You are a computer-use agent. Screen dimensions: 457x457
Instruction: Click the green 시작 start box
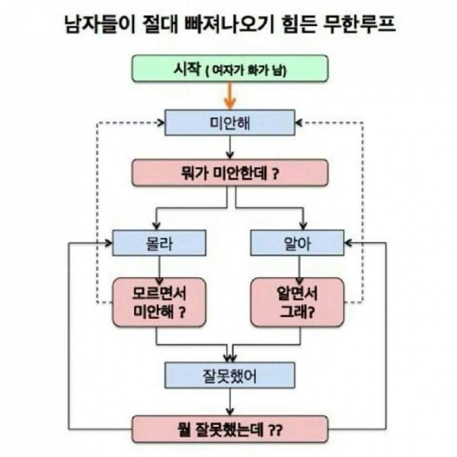pyautogui.click(x=230, y=69)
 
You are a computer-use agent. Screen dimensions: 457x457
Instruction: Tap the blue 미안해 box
pyautogui.click(x=230, y=123)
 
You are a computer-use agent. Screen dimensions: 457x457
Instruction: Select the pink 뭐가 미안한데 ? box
pyautogui.click(x=230, y=173)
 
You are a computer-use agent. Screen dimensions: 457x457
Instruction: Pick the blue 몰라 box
pyautogui.click(x=159, y=243)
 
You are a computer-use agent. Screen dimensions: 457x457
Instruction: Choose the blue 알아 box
pyautogui.click(x=297, y=243)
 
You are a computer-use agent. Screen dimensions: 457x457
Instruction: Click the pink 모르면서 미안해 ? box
pyautogui.click(x=159, y=302)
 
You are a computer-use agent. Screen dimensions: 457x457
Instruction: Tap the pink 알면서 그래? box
pyautogui.click(x=297, y=302)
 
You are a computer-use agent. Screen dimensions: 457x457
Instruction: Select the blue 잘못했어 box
pyautogui.click(x=230, y=376)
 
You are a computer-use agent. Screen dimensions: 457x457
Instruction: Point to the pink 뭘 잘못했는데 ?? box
pyautogui.click(x=230, y=430)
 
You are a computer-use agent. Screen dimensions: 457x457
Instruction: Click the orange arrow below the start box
pyautogui.click(x=230, y=96)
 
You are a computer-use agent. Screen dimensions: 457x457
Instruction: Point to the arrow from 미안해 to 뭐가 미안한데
pyautogui.click(x=230, y=148)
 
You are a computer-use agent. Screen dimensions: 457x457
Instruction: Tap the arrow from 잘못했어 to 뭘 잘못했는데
pyautogui.click(x=230, y=402)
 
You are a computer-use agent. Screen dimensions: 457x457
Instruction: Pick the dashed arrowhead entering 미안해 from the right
pyautogui.click(x=299, y=123)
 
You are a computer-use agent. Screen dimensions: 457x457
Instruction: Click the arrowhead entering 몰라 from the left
pyautogui.click(x=109, y=243)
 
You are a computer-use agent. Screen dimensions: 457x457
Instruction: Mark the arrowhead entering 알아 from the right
pyautogui.click(x=348, y=243)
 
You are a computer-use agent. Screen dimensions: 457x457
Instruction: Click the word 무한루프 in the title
pyautogui.click(x=359, y=24)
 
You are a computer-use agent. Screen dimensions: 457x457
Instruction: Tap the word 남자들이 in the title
pyautogui.click(x=100, y=24)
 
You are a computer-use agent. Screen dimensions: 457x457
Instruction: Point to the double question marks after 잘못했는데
pyautogui.click(x=275, y=430)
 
